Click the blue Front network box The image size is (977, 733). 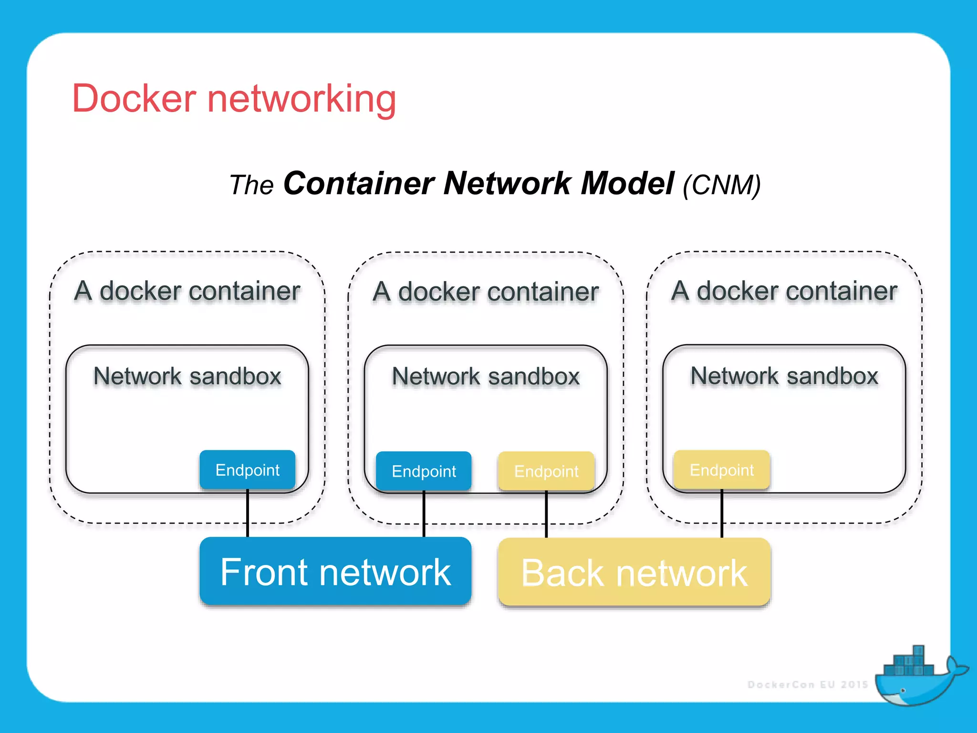click(x=335, y=571)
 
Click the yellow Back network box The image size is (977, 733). click(x=634, y=572)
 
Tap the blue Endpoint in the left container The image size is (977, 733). click(x=247, y=470)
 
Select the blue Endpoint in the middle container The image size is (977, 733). click(x=424, y=471)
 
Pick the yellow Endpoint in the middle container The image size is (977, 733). click(x=546, y=471)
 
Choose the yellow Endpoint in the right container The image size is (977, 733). click(x=721, y=470)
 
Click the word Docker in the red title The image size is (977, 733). click(x=134, y=98)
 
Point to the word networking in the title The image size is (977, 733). click(x=301, y=99)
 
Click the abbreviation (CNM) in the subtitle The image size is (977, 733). click(x=721, y=185)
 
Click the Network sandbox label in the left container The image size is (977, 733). click(x=187, y=376)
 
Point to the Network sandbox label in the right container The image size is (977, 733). click(x=784, y=376)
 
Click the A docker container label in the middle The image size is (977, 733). click(x=486, y=292)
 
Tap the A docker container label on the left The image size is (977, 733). click(x=187, y=291)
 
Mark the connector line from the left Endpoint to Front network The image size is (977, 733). click(x=248, y=513)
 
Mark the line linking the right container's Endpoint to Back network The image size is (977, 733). click(x=722, y=513)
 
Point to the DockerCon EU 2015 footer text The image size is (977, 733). click(x=808, y=685)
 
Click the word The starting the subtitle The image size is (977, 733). click(x=251, y=185)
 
